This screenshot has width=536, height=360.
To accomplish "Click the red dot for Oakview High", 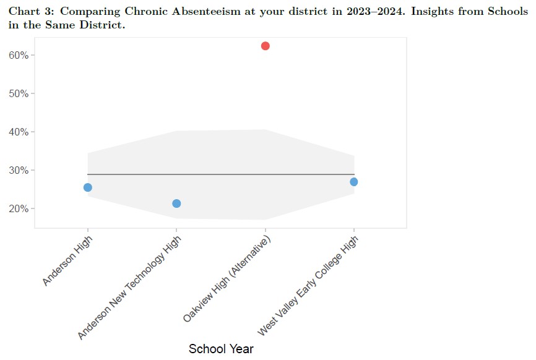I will point(266,46).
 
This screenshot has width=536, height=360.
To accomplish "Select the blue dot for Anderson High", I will point(88,187).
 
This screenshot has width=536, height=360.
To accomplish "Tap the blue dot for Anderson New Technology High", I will point(176,204).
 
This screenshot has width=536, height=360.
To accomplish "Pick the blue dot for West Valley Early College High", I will point(354,182).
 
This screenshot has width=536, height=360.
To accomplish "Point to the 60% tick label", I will point(19,55).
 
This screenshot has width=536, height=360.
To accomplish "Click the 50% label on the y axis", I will point(19,93).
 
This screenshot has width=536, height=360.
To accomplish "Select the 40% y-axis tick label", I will point(19,132).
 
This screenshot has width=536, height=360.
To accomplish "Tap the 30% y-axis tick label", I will point(19,170).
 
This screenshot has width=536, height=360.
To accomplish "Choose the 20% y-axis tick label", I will point(19,208).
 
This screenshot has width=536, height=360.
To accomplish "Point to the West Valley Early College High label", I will point(308,285).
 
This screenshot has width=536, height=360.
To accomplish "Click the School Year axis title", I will point(221,349).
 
